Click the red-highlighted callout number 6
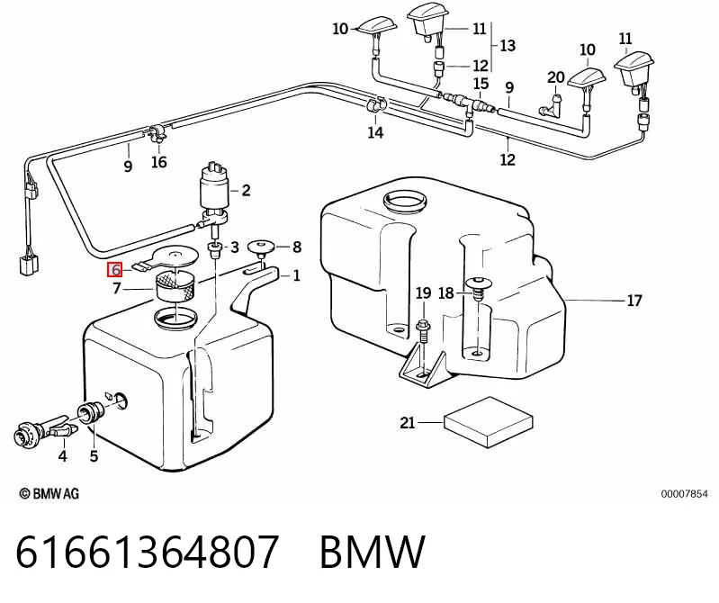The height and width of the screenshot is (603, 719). [115, 270]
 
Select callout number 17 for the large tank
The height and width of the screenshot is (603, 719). [634, 301]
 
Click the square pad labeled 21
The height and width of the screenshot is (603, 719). [488, 422]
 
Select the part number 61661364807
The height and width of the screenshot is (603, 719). [147, 551]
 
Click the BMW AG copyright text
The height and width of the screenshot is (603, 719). [49, 494]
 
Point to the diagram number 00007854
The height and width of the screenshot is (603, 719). [684, 494]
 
